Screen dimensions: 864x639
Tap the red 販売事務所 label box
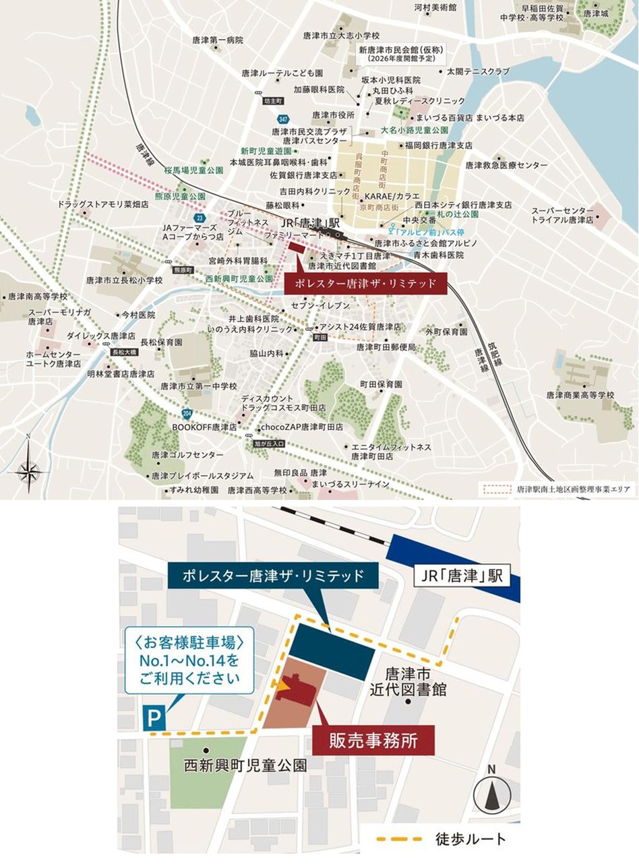(x=373, y=740)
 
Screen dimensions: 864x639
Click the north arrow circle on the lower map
(x=492, y=795)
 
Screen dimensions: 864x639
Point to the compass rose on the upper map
(x=28, y=470)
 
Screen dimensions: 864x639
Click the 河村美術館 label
(x=435, y=8)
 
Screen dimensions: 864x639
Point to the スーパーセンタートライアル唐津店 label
(x=562, y=215)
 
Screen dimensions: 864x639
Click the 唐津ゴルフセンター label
(x=187, y=455)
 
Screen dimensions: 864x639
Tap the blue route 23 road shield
(x=199, y=218)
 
